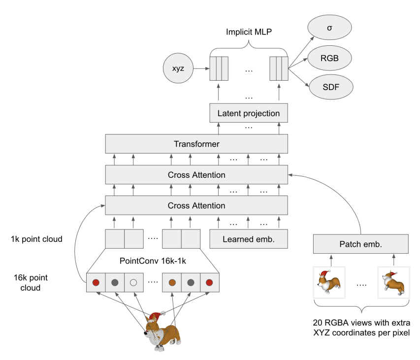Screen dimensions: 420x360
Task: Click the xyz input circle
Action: [x=178, y=68]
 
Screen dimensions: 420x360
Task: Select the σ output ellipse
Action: [x=329, y=28]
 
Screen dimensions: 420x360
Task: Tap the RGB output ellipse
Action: [x=329, y=58]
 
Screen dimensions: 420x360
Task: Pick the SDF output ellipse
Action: [x=331, y=87]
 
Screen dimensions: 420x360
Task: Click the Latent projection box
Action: [x=249, y=113]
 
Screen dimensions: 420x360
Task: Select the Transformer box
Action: [x=196, y=144]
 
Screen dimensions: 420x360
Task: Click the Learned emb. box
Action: [x=249, y=239]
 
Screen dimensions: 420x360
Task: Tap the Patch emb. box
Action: [x=361, y=244]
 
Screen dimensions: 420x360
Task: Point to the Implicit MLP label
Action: [x=249, y=32]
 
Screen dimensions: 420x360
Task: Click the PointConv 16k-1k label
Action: [x=153, y=261]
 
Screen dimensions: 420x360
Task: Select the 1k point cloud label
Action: [x=37, y=239]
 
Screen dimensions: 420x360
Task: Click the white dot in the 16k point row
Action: [x=133, y=283]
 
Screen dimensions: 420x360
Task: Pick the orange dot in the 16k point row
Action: [x=172, y=283]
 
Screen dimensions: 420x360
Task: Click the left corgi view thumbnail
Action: [x=329, y=282]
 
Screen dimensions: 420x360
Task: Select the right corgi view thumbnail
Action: [x=394, y=282]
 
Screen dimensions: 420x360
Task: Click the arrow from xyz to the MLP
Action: [x=201, y=68]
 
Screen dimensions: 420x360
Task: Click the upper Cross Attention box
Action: [x=196, y=175]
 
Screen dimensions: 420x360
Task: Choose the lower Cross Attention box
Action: [x=196, y=205]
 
